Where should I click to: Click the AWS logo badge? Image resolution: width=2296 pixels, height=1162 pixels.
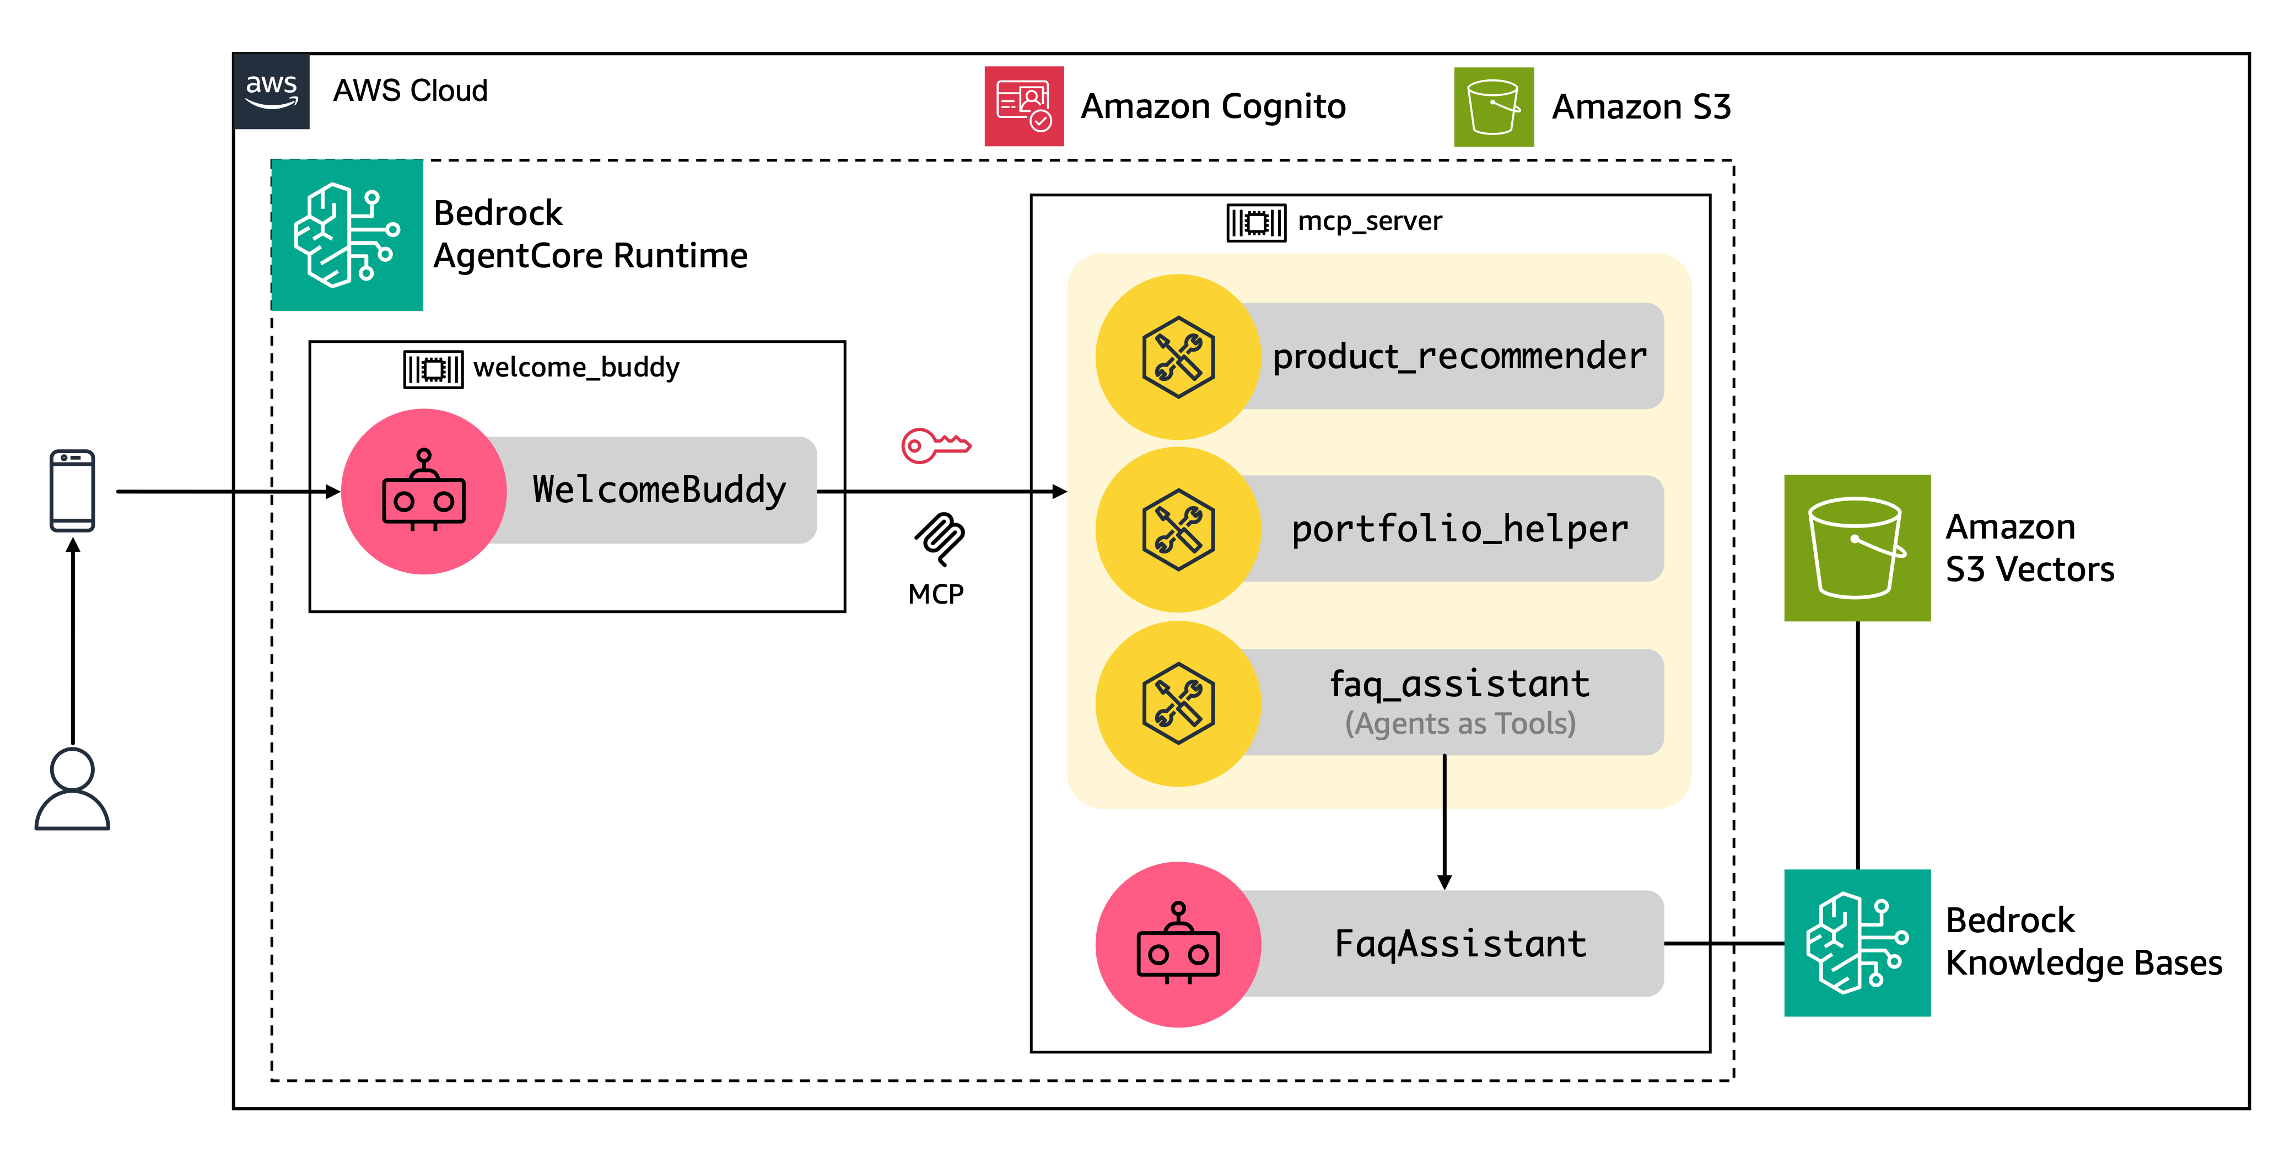tap(271, 91)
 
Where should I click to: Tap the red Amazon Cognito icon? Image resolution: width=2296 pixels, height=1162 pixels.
tap(1023, 106)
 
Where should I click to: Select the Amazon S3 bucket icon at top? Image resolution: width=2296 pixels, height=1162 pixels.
tap(1494, 107)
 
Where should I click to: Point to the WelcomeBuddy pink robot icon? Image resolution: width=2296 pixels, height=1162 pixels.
tap(424, 491)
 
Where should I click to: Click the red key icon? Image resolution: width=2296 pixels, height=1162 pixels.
tap(935, 445)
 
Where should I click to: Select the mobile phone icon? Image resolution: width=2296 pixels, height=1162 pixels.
tap(72, 491)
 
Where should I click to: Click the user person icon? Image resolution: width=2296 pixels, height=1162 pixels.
tap(72, 789)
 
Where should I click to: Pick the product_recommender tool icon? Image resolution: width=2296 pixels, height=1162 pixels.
tap(1178, 357)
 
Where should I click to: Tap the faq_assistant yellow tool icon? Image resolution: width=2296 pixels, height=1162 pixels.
tap(1178, 703)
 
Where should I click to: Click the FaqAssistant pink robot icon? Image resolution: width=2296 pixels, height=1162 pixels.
tap(1178, 944)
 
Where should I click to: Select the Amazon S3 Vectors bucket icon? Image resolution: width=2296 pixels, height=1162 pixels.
tap(1857, 547)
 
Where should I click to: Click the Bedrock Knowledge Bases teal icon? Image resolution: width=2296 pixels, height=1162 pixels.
tap(1857, 943)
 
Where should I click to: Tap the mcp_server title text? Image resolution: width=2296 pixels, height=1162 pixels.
tap(1369, 221)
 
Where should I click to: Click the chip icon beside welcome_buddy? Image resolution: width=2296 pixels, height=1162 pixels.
tap(433, 368)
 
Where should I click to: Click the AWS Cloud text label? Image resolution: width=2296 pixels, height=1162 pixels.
tap(410, 91)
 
